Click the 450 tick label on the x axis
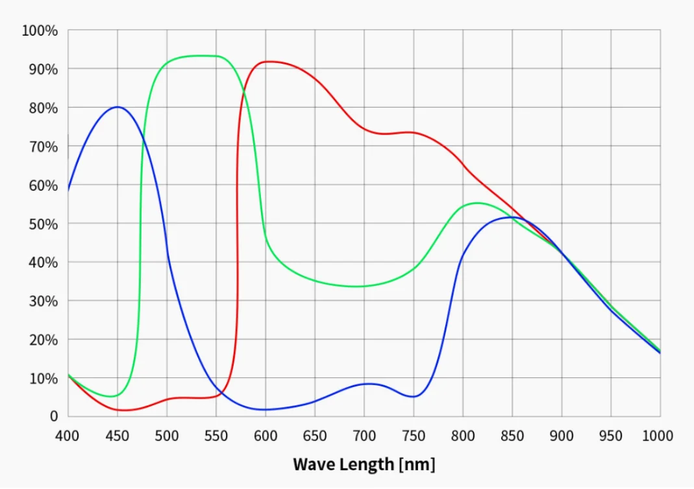(117, 435)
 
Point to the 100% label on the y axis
(40, 31)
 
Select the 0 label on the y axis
(54, 416)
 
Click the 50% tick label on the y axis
(43, 224)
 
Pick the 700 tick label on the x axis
(364, 435)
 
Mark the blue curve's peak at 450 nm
(118, 107)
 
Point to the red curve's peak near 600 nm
(267, 61)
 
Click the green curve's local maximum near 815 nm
(477, 203)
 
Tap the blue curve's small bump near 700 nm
(367, 384)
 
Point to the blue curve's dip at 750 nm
(414, 397)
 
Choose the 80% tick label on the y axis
(43, 108)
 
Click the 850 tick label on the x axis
(512, 435)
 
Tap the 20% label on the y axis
(43, 340)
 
